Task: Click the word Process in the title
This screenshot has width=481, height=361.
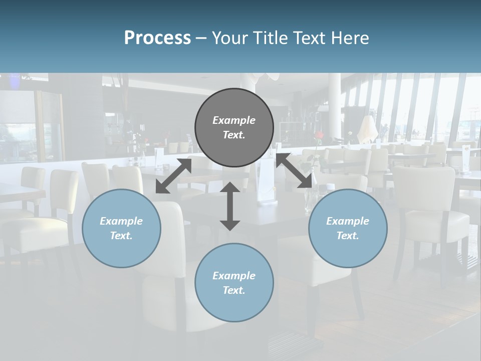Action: click(157, 38)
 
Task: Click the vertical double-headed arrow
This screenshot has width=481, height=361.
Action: click(230, 206)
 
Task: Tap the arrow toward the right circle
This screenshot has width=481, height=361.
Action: click(294, 171)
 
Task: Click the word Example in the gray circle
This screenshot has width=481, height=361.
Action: click(234, 120)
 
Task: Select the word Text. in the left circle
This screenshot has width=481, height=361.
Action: click(121, 236)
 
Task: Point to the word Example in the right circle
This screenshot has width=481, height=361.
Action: click(348, 221)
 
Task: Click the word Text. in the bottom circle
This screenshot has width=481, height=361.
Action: click(234, 290)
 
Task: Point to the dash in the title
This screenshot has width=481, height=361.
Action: click(201, 38)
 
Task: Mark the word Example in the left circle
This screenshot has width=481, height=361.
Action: click(121, 221)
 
